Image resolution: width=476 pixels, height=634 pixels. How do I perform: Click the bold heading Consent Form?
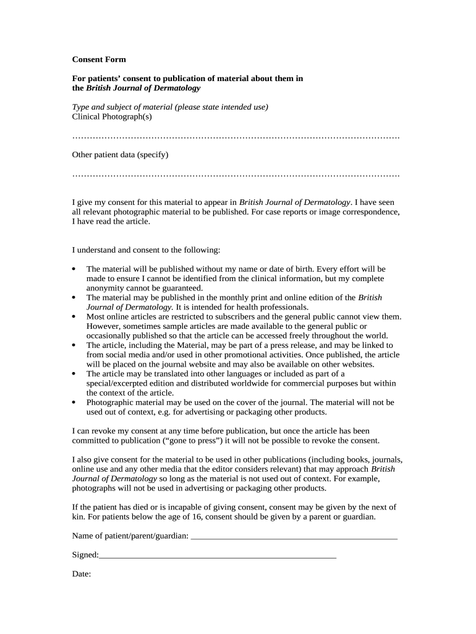(99, 59)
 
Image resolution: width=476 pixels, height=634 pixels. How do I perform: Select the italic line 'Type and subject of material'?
(170, 106)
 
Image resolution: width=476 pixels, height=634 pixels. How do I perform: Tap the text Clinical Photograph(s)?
(112, 116)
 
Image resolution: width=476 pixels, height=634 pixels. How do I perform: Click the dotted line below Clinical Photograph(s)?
(236, 136)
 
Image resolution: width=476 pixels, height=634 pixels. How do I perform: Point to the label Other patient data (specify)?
(120, 154)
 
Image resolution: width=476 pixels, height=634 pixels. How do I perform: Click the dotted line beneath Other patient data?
(236, 175)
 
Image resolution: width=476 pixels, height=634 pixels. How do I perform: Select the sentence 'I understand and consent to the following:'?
(146, 250)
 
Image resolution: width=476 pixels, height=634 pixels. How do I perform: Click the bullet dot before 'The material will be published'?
(74, 269)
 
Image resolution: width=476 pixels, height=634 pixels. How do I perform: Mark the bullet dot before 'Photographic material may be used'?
(74, 402)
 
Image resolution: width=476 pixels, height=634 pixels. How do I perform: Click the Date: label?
(82, 574)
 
